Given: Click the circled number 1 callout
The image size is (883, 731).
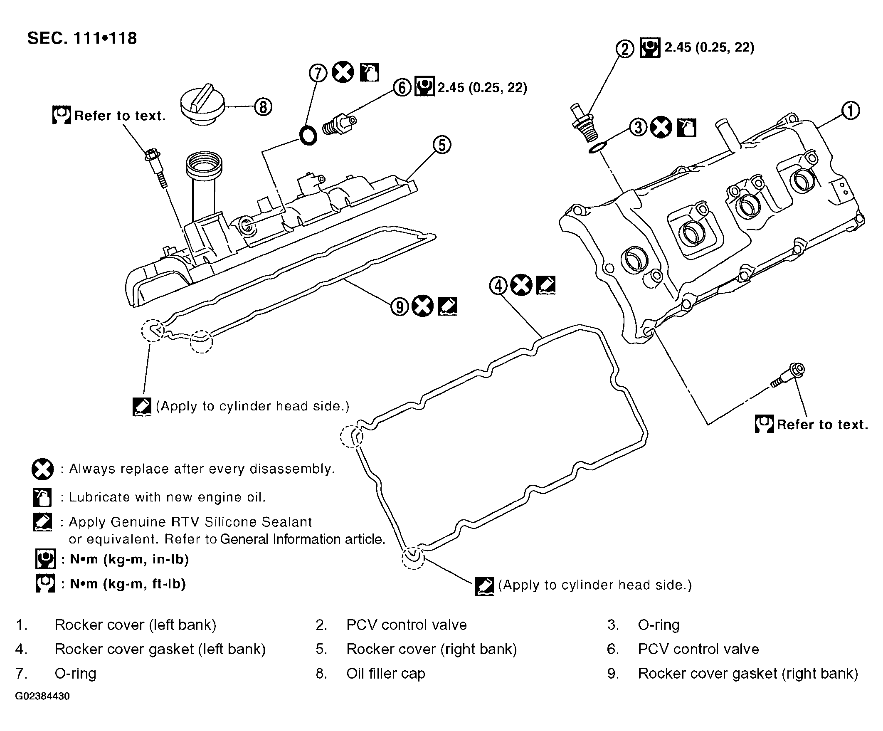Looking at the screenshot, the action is coord(851,111).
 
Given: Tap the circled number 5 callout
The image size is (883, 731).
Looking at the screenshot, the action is coord(442,145).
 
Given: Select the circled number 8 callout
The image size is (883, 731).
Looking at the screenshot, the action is coord(263,107).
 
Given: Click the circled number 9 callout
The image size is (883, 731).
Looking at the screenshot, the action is coord(400,306).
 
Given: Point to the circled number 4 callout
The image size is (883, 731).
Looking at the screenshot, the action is coord(499,286).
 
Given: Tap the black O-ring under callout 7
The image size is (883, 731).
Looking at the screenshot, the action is coord(308,135).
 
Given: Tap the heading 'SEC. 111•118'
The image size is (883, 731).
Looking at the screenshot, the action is coord(82,38).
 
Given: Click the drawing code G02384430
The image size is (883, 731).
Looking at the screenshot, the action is coord(42,696).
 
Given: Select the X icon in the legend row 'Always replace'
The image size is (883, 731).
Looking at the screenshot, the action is coord(42,469).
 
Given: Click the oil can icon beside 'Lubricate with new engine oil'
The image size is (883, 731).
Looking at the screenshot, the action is coord(42,497).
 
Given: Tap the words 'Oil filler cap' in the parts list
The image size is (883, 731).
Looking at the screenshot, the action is coord(385,673).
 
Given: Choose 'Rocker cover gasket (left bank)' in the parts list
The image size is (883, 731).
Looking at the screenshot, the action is coord(160,649).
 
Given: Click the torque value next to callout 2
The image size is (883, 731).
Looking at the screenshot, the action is coord(709,47).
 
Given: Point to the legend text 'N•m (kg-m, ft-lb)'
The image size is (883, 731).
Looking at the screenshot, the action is coord(128,584).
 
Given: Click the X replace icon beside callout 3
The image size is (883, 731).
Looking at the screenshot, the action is coord(661,127).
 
